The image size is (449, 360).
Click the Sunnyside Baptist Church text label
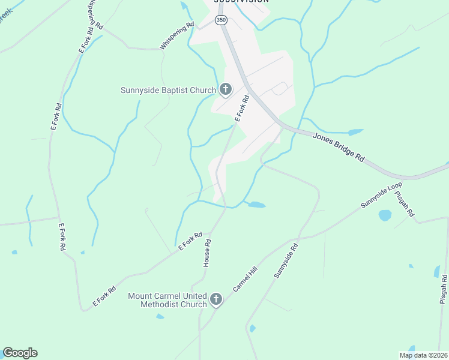point(168,91)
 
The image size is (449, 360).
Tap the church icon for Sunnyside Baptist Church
point(225,90)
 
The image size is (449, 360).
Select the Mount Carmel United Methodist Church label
point(167,300)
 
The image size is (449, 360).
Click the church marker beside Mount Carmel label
point(216,299)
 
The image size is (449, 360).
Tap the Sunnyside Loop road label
point(381,196)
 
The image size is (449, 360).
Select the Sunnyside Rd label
point(286,260)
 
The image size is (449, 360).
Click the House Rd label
point(208,253)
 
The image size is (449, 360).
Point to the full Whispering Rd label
point(177,36)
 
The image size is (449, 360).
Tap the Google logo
point(20,353)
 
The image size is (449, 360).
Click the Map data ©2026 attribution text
point(423,355)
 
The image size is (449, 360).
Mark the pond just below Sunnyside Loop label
point(385,215)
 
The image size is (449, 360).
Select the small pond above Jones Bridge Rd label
point(355,131)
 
